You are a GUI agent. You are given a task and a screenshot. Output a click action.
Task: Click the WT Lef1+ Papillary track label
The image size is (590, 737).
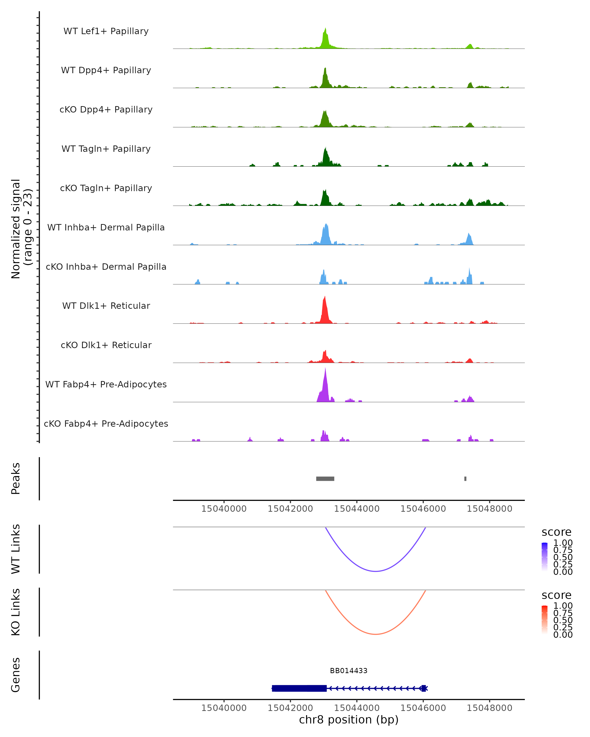(106, 31)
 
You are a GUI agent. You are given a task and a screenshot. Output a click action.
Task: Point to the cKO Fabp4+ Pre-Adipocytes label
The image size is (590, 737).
(106, 424)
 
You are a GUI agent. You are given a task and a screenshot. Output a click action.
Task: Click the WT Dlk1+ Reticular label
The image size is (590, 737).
(106, 306)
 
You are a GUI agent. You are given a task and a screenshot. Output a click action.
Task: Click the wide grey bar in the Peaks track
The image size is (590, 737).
(325, 479)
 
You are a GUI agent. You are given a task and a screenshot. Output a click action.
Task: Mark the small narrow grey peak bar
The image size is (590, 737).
(465, 479)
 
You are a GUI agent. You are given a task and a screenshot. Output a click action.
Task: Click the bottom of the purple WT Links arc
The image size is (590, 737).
(376, 571)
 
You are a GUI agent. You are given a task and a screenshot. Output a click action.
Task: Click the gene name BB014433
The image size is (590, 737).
(349, 671)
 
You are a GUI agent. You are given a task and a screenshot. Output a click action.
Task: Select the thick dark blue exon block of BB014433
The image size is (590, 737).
(299, 688)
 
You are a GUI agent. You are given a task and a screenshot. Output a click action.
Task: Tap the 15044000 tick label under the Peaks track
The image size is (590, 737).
(357, 509)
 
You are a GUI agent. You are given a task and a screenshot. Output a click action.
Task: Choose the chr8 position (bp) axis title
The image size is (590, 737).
(349, 720)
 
